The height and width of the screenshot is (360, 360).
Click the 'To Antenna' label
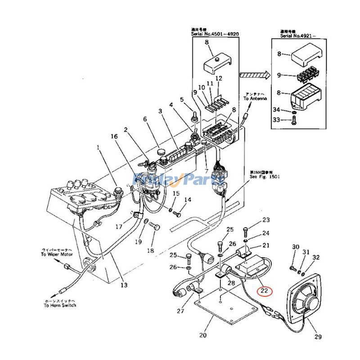(255, 98)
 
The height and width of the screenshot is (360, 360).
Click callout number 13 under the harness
(123, 285)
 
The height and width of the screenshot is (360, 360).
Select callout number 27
(180, 310)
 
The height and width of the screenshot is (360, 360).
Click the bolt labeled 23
(245, 231)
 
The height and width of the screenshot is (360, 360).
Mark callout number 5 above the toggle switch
(182, 99)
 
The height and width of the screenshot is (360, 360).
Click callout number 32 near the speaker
(316, 258)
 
